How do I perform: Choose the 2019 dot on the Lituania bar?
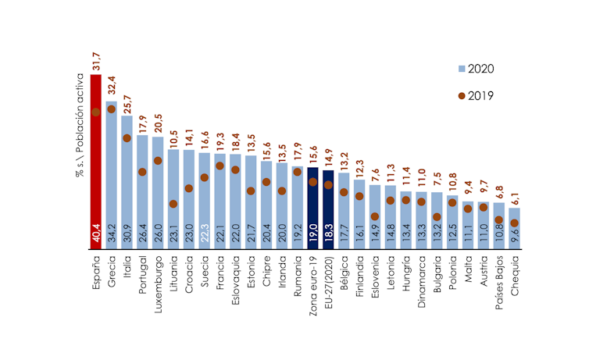(x=173, y=204)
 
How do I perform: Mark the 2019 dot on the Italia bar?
(x=127, y=138)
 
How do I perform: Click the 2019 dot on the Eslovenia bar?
(x=374, y=216)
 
